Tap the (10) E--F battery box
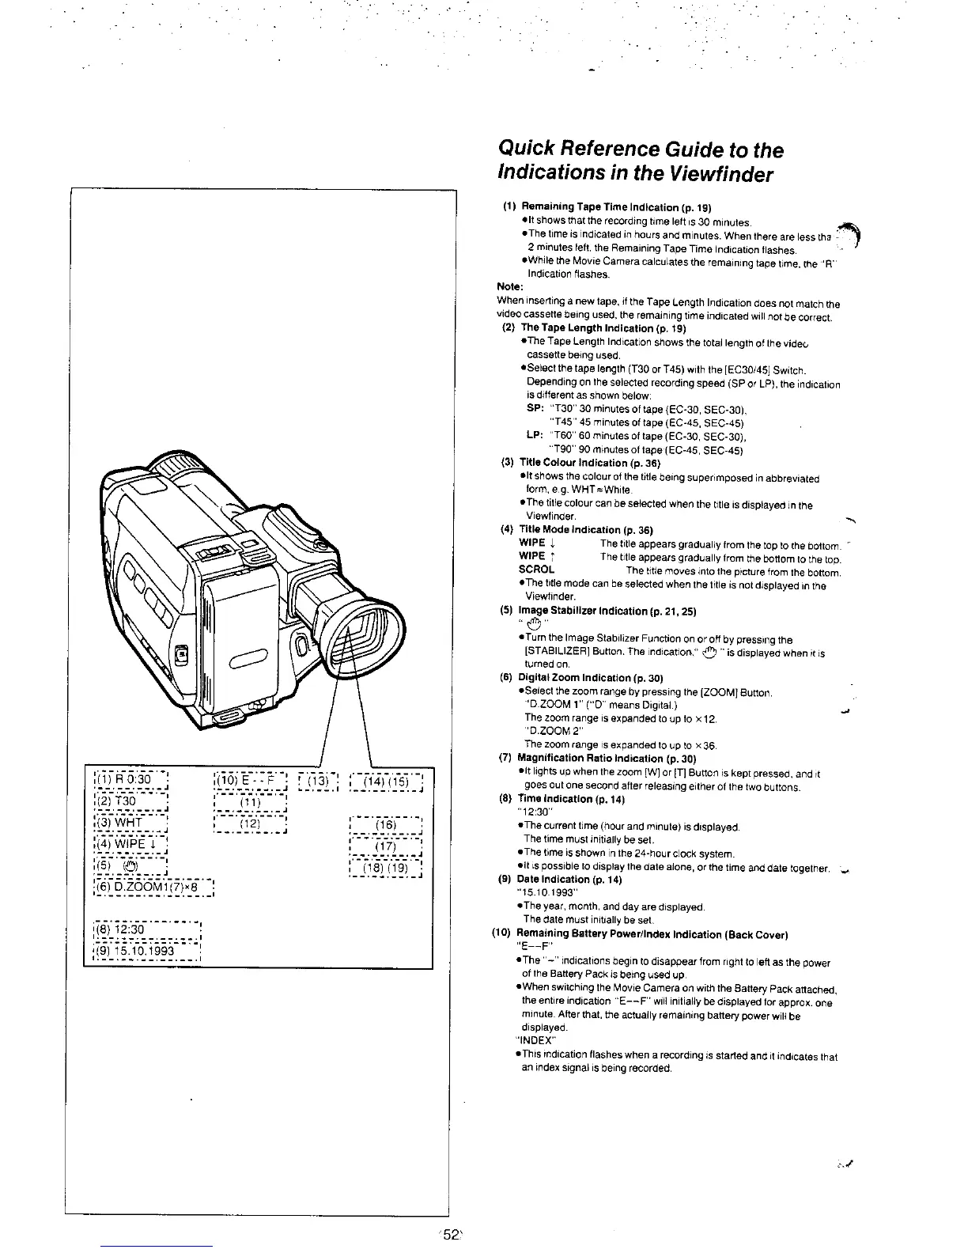(x=251, y=780)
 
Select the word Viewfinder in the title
(x=713, y=175)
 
